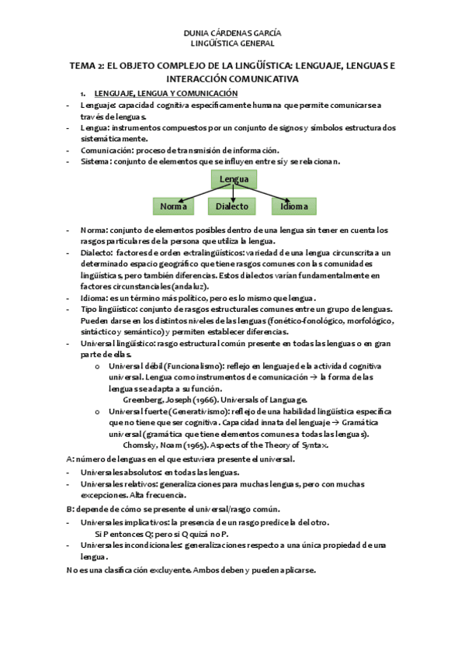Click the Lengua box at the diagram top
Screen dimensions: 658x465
click(234, 179)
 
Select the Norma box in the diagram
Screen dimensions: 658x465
click(173, 206)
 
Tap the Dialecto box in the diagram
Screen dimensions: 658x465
click(232, 206)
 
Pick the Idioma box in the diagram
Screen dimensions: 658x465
click(294, 206)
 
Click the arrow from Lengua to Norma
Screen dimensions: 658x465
click(194, 192)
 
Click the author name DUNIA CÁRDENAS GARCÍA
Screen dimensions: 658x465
click(231, 34)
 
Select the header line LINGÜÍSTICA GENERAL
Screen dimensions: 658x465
click(231, 44)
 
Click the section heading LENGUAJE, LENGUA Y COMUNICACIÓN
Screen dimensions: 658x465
click(165, 93)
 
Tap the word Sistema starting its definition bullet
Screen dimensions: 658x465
click(95, 161)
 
